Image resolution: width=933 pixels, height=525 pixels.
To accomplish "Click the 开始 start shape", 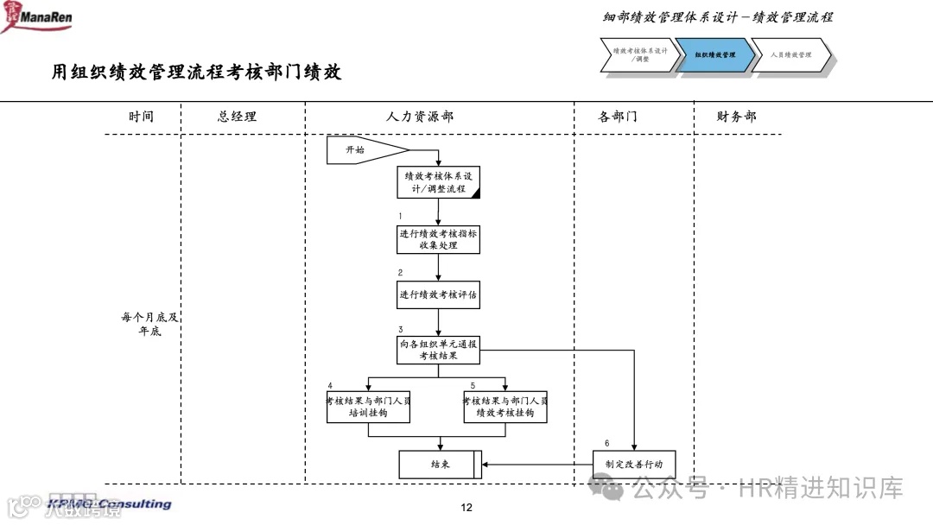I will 355,149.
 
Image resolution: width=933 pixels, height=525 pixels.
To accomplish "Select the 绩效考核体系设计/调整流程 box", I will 439,182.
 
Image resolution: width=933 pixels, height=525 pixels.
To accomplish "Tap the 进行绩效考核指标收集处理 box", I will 439,239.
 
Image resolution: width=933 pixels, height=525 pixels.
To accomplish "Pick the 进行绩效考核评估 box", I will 439,294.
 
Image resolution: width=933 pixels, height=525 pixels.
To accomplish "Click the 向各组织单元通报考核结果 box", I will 439,350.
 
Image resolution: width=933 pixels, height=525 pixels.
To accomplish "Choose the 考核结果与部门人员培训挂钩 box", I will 368,407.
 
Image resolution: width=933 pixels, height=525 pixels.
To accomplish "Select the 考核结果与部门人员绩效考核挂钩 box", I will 505,407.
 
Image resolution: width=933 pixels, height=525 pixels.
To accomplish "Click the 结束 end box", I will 439,465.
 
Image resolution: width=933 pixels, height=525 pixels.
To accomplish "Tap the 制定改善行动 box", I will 634,465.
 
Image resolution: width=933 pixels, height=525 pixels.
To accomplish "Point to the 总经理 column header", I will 237,117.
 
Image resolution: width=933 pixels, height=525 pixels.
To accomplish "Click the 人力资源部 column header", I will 420,117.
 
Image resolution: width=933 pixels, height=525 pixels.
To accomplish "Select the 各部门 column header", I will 618,117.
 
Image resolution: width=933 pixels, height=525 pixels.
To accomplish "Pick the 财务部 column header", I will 736,117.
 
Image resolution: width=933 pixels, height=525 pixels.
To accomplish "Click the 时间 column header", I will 141,117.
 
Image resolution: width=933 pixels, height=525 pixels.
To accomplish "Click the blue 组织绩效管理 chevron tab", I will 715,55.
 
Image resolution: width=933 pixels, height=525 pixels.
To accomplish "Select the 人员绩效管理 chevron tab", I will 791,55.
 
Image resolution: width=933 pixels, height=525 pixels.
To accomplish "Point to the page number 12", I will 466,508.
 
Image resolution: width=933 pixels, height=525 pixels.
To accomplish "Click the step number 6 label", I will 606,443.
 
